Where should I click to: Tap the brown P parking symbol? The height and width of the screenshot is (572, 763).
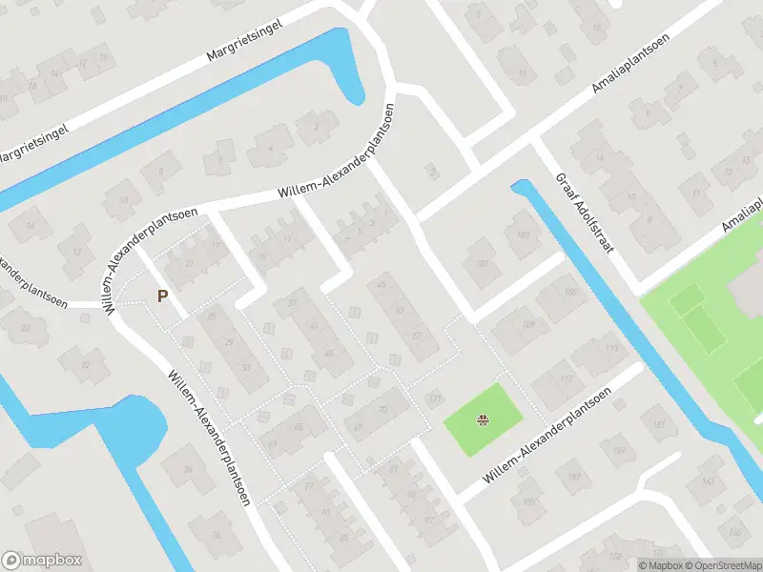click(162, 296)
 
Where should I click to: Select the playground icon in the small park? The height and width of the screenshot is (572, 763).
click(485, 418)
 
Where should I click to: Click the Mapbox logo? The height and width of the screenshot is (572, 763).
click(42, 561)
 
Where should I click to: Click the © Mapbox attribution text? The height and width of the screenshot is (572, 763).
click(660, 564)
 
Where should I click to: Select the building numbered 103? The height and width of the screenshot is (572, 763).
click(521, 235)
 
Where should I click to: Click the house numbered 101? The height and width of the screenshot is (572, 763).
click(482, 264)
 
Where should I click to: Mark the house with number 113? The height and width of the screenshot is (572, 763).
click(584, 348)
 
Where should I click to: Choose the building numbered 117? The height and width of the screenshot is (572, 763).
click(566, 378)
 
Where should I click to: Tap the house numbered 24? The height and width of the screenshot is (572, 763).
click(188, 469)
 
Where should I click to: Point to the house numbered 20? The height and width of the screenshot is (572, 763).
click(26, 327)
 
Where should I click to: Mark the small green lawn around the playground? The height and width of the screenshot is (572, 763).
click(496, 405)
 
